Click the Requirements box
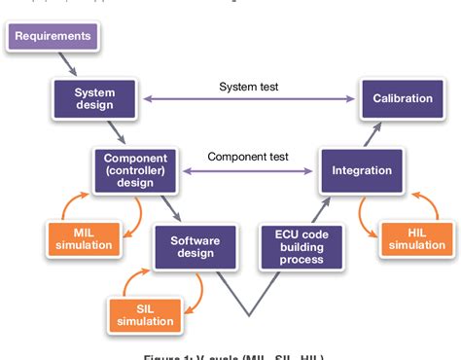tap(53, 37)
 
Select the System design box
tap(94, 99)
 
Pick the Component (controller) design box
tap(136, 169)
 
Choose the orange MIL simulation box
tap(83, 237)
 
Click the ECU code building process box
tap(301, 246)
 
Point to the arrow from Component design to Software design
tap(173, 206)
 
